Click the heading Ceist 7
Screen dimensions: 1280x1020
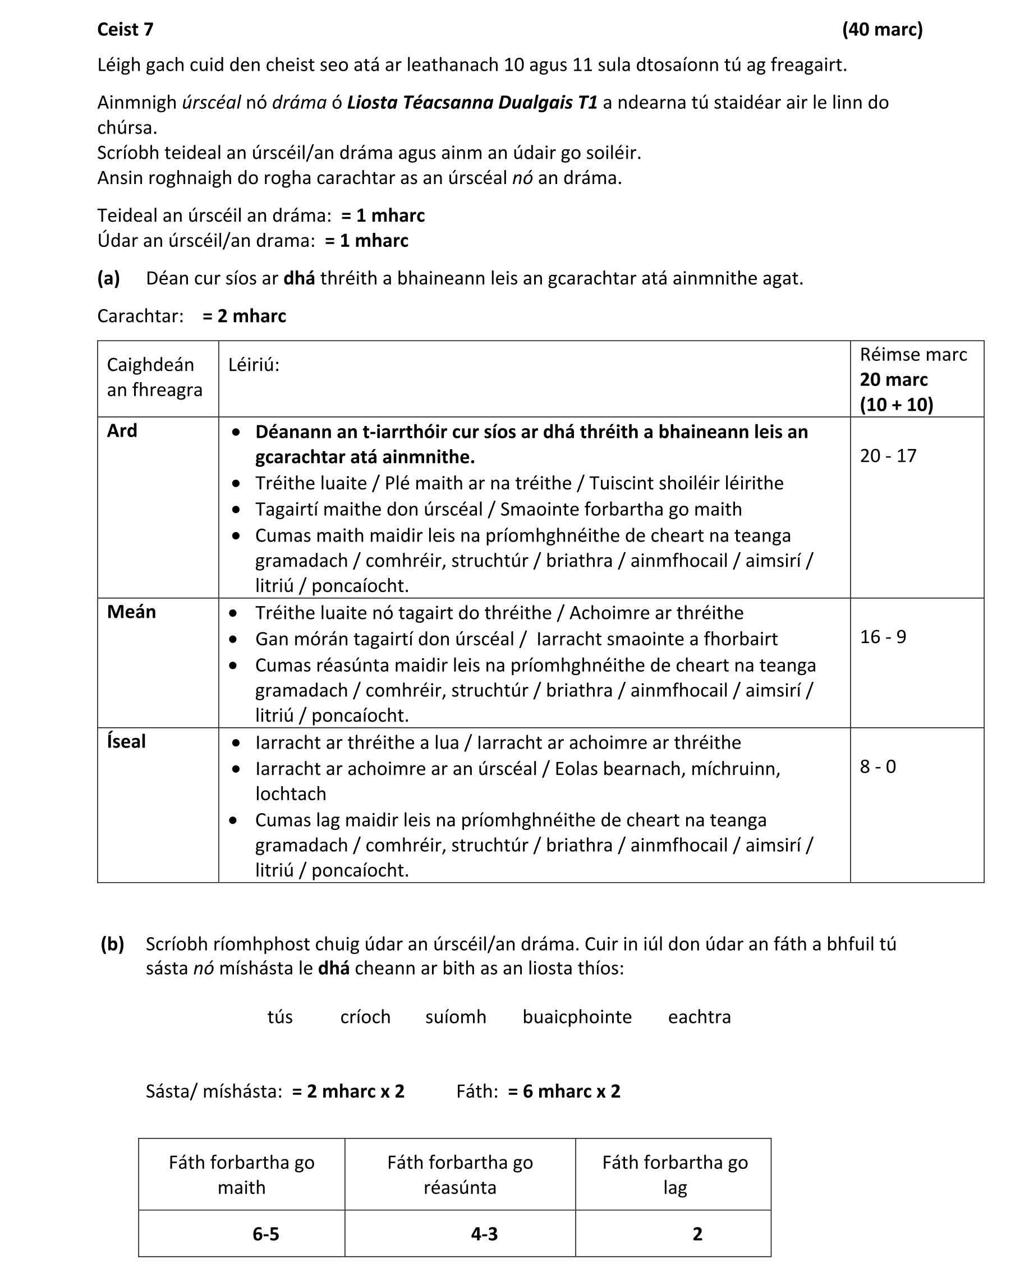click(x=125, y=29)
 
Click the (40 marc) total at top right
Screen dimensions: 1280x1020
click(x=881, y=29)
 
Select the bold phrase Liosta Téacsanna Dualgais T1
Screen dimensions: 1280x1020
click(x=472, y=102)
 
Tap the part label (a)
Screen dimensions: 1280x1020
click(x=109, y=278)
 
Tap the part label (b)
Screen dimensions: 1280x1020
click(x=112, y=943)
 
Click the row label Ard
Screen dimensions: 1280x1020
click(x=122, y=430)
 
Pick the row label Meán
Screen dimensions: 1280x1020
click(x=131, y=612)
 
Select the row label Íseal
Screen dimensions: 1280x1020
click(x=126, y=741)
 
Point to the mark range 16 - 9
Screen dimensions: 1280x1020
click(x=883, y=636)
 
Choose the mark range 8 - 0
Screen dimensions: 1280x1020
click(x=877, y=767)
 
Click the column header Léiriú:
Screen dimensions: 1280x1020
click(x=254, y=365)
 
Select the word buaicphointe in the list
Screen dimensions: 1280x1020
click(x=577, y=1016)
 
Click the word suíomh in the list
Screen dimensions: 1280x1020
click(x=456, y=1016)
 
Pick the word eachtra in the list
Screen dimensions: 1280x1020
click(x=699, y=1016)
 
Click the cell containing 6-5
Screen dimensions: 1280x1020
click(x=265, y=1235)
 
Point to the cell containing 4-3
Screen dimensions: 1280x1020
click(x=484, y=1235)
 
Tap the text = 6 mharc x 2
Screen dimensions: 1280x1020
click(x=563, y=1091)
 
